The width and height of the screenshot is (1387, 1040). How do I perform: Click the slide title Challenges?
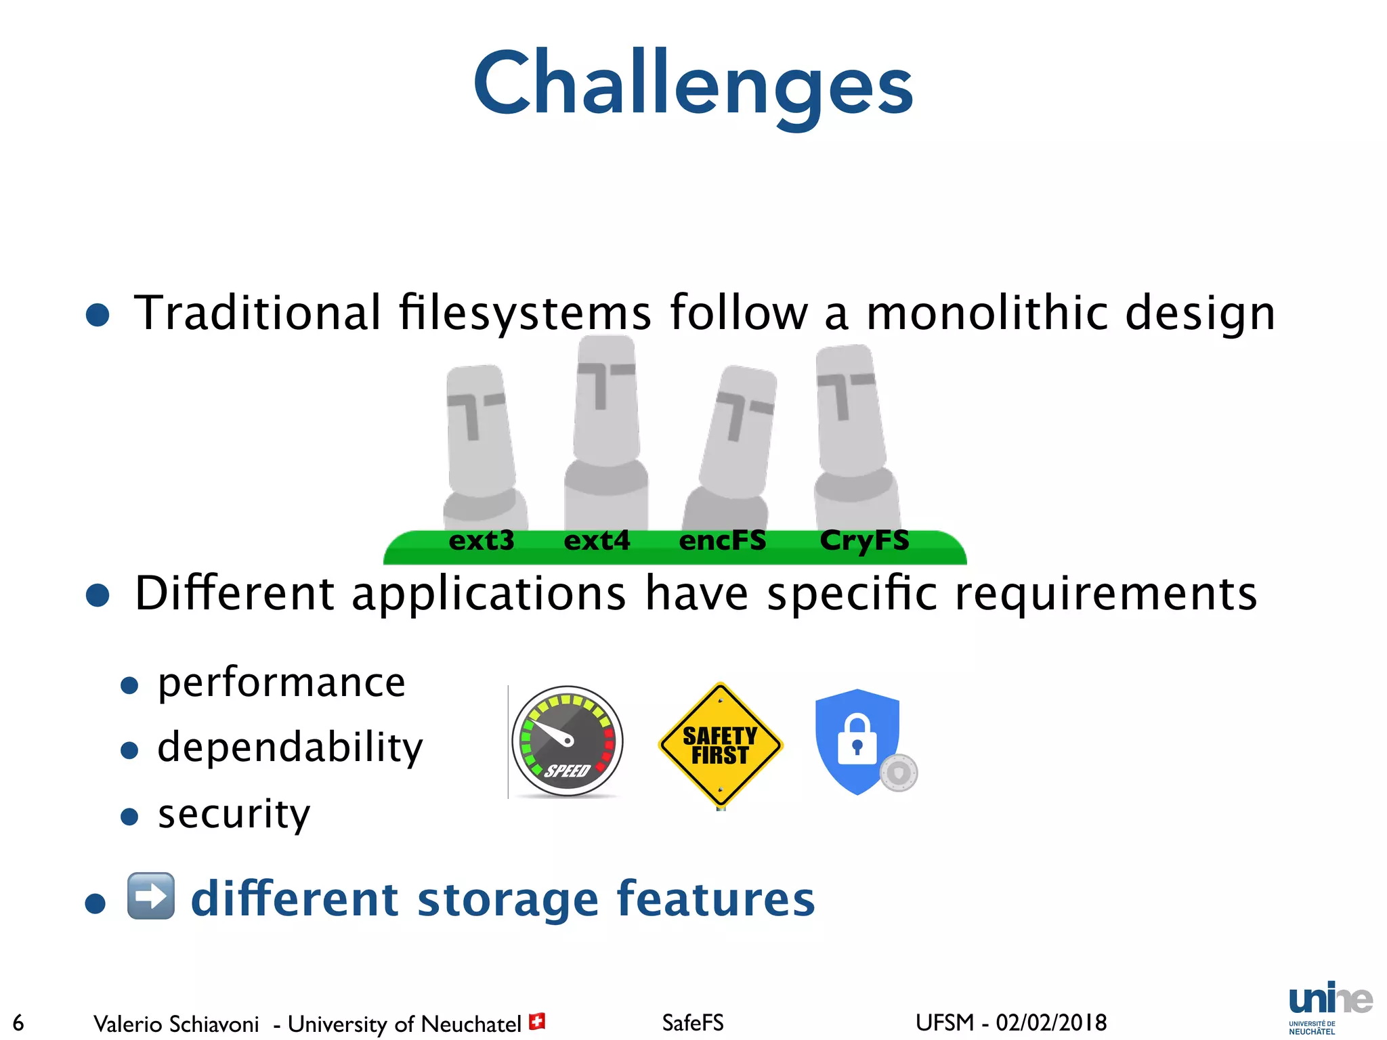(693, 85)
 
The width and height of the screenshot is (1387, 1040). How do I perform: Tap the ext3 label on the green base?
(482, 541)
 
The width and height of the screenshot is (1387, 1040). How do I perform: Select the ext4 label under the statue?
(597, 541)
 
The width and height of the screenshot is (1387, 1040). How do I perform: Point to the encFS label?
(723, 541)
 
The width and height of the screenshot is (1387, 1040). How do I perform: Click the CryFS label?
(864, 541)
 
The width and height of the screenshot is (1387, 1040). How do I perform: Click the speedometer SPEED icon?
(568, 741)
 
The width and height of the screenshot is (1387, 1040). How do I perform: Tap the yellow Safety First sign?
(720, 745)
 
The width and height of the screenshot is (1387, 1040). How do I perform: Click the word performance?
(282, 682)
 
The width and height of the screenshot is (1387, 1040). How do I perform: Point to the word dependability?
(290, 748)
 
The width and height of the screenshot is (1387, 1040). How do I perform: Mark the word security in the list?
(234, 814)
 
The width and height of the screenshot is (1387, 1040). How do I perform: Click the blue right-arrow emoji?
(151, 896)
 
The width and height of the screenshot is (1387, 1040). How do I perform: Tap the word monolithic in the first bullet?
(986, 313)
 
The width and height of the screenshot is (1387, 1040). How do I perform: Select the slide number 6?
(18, 1022)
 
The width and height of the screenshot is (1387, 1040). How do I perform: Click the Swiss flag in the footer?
(537, 1021)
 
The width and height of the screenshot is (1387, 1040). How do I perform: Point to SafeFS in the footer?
(693, 1022)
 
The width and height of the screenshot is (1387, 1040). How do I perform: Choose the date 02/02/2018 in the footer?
(1051, 1022)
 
